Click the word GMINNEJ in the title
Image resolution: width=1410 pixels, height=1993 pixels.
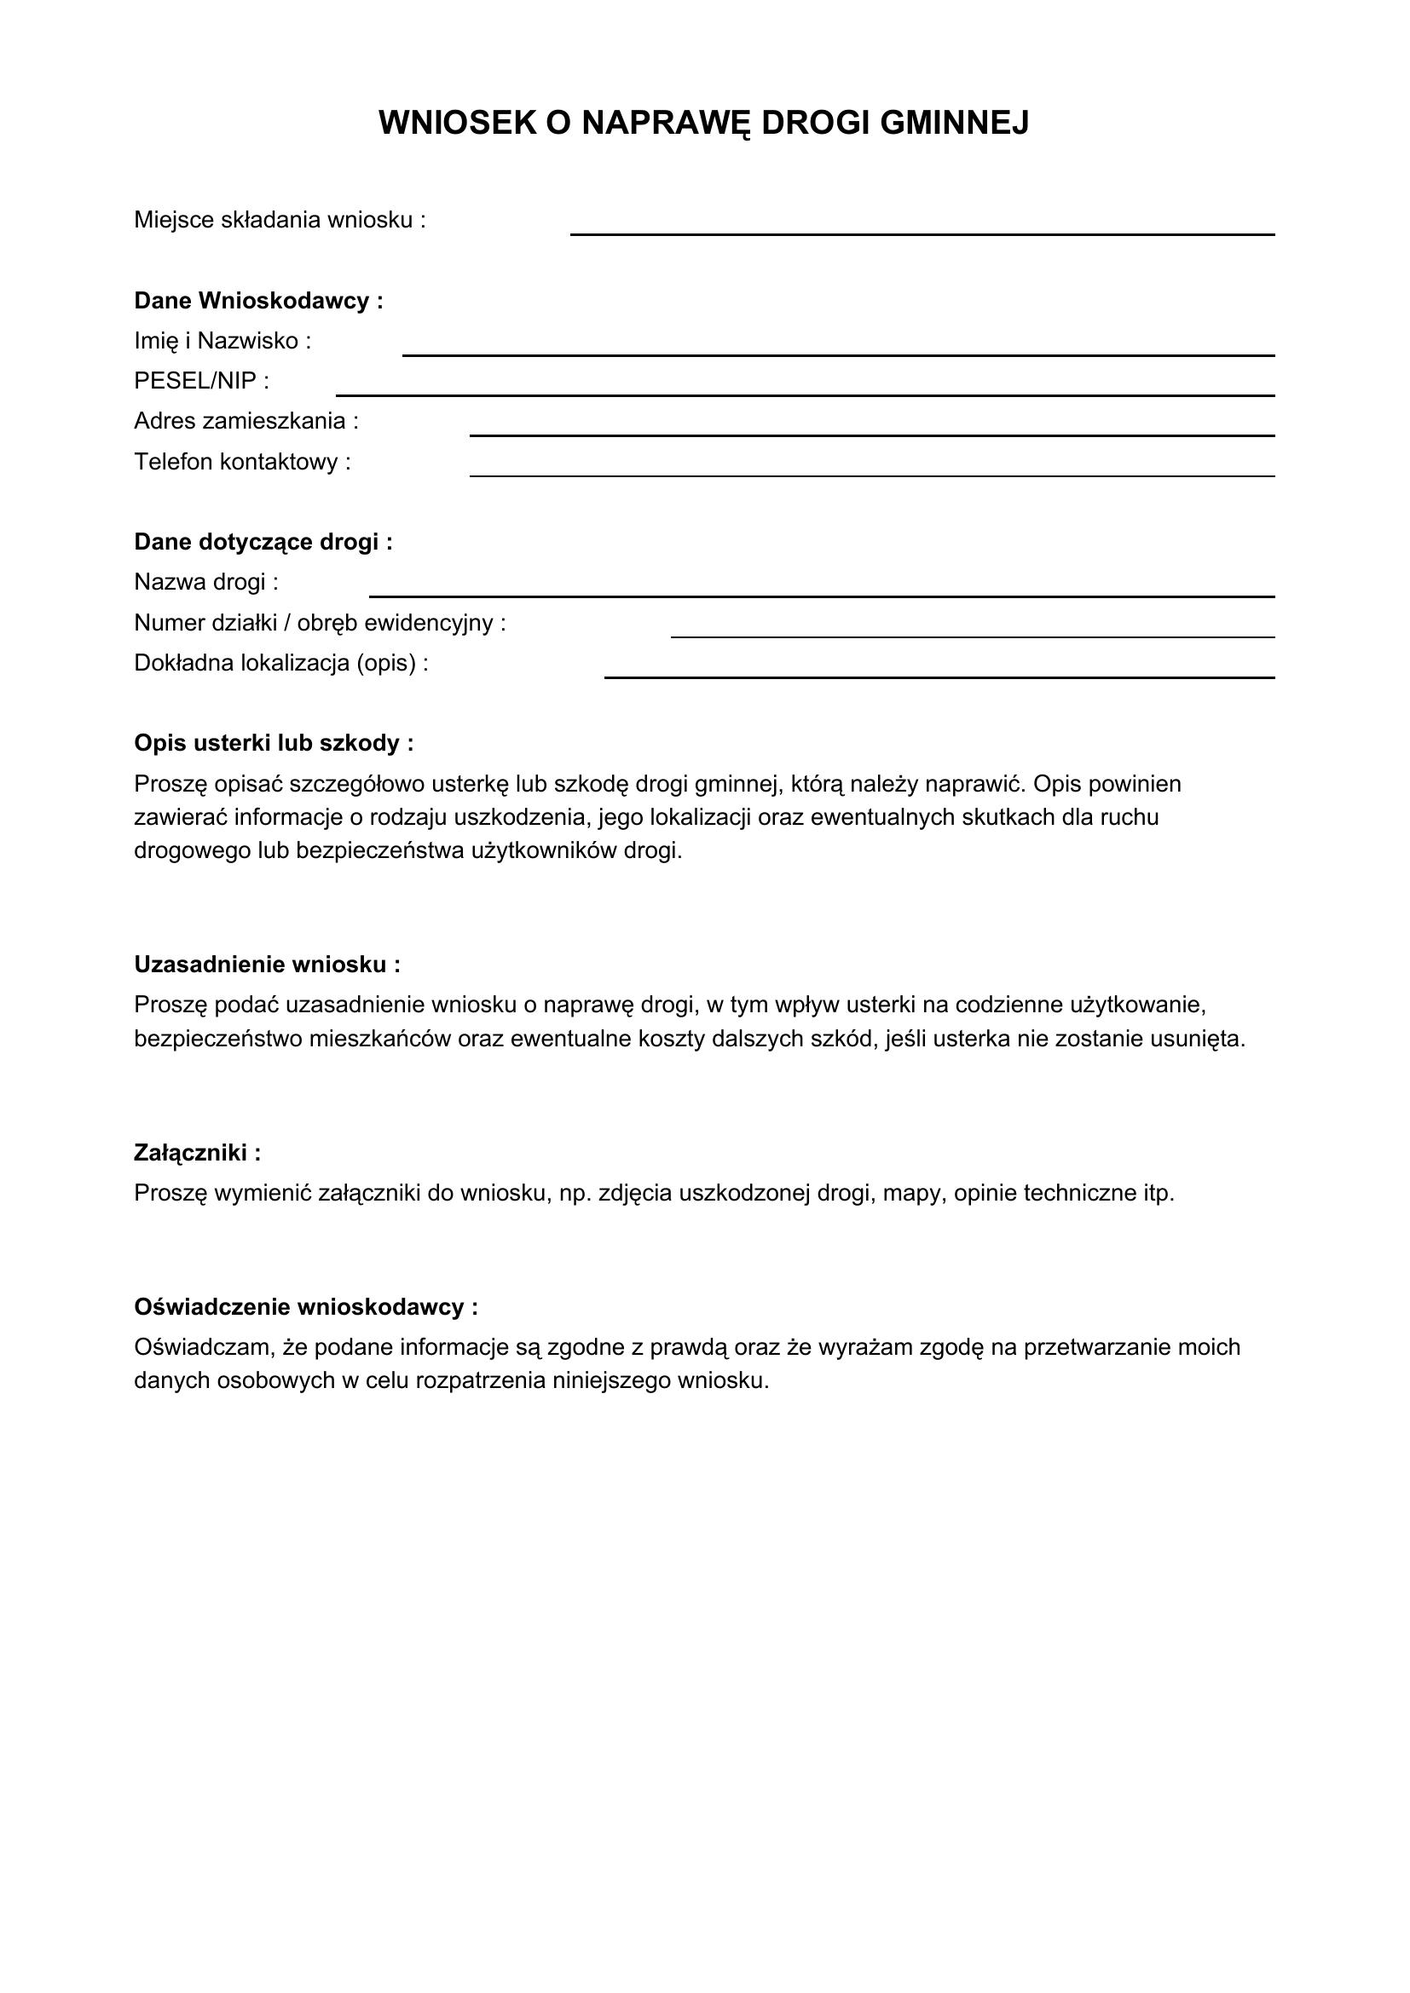click(x=954, y=124)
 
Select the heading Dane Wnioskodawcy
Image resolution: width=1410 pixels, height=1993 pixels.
click(x=257, y=301)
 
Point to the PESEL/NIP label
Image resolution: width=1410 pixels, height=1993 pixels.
click(x=201, y=381)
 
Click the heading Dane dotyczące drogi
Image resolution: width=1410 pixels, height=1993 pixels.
click(x=263, y=543)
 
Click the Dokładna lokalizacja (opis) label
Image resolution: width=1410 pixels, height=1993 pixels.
click(x=280, y=663)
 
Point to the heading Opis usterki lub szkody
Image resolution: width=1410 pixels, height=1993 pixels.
click(x=274, y=744)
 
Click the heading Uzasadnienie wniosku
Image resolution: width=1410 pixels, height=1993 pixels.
click(x=267, y=965)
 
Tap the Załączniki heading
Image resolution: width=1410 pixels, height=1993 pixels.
click(x=197, y=1153)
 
